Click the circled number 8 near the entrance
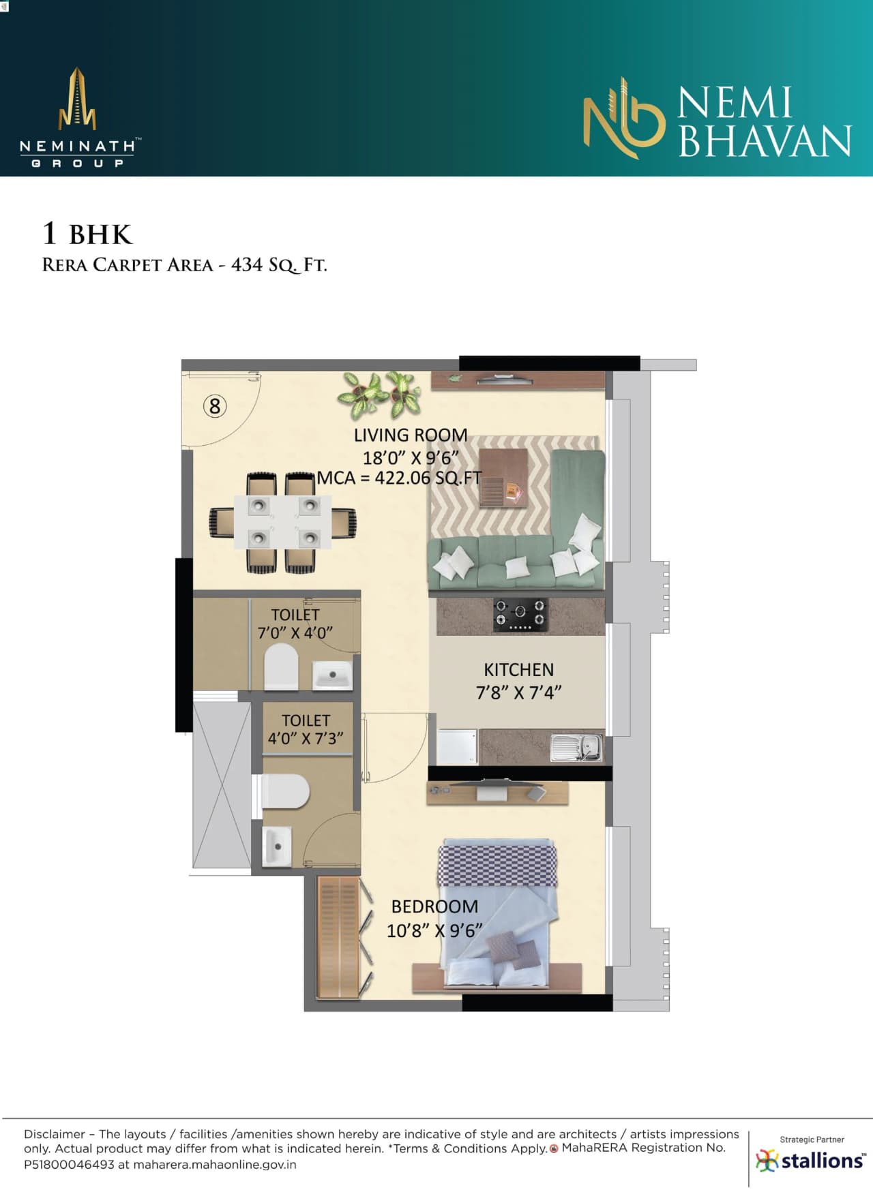(215, 406)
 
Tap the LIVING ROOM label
(410, 435)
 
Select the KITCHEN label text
(518, 669)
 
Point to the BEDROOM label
(434, 906)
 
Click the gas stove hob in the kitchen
(520, 613)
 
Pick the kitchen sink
(576, 747)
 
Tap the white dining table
(283, 522)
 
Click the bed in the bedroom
(498, 913)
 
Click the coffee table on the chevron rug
(503, 477)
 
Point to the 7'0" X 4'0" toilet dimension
(295, 632)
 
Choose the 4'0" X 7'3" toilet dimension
(306, 738)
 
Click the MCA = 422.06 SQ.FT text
(399, 478)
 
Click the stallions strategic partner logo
(811, 1159)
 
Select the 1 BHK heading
(87, 234)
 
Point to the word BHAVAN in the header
(765, 141)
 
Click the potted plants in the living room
(379, 393)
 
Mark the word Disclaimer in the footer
(55, 1134)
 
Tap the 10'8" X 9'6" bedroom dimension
(434, 930)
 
